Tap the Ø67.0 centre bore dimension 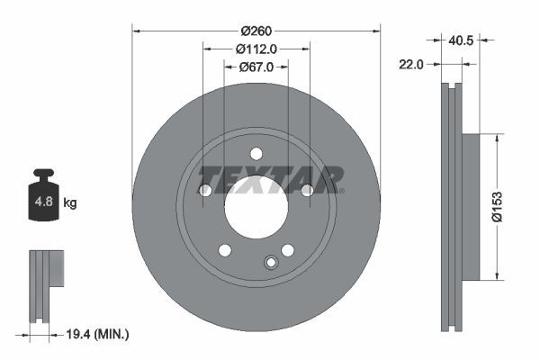tap(256, 67)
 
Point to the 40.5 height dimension tap(462, 40)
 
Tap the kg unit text tap(70, 203)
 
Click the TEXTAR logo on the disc tap(270, 179)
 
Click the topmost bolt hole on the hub tap(256, 153)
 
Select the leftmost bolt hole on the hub tap(204, 190)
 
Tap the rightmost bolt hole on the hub tap(307, 190)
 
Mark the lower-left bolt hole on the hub tap(225, 249)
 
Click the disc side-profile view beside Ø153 tap(454, 207)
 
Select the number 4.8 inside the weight tap(42, 203)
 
